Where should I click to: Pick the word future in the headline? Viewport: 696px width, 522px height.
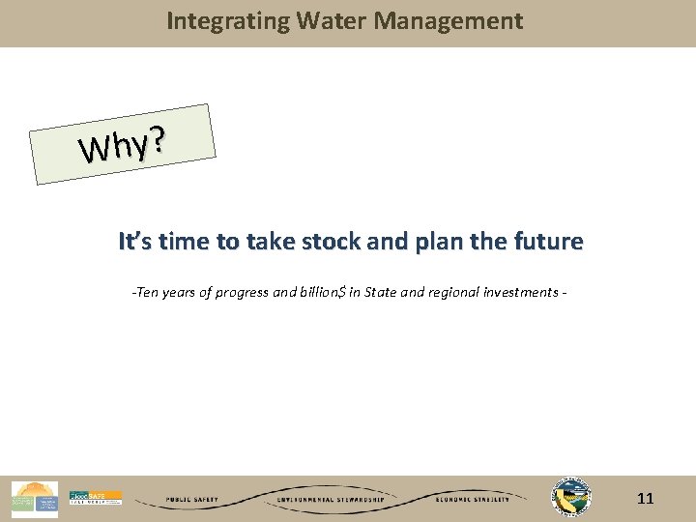[550, 241]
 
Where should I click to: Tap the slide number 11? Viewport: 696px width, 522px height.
[646, 499]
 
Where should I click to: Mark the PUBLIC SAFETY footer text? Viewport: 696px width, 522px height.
[191, 500]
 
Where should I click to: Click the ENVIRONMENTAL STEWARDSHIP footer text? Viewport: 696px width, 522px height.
[331, 500]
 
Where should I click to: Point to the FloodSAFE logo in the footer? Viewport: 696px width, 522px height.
[96, 498]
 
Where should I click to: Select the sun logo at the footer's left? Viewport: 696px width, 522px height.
[34, 499]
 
